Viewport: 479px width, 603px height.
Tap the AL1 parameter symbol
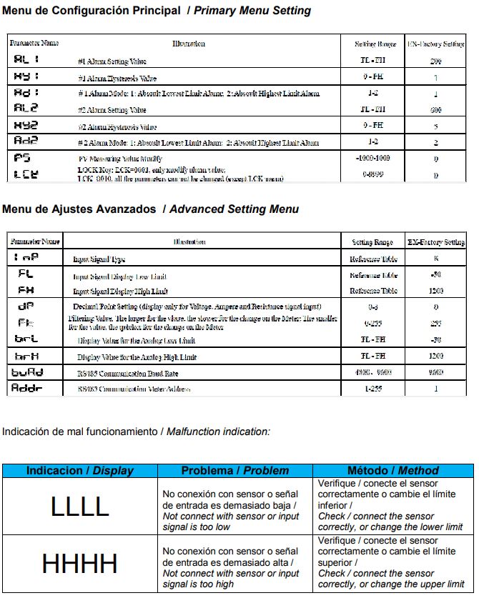(x=26, y=61)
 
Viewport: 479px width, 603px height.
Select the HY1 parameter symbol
(x=26, y=76)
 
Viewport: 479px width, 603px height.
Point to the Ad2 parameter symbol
(x=26, y=142)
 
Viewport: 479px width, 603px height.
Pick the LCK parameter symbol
(x=26, y=174)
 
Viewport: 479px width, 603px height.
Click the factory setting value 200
(x=435, y=62)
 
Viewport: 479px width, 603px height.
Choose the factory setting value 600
(x=435, y=110)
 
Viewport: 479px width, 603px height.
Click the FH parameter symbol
(x=26, y=290)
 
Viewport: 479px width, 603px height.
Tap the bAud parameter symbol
(x=28, y=372)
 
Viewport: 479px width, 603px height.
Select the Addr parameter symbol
(x=28, y=388)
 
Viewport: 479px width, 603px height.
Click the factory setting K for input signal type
(x=435, y=259)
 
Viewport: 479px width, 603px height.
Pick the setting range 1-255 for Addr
(x=372, y=389)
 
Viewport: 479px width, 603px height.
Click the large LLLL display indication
(x=79, y=507)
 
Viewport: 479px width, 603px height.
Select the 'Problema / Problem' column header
(x=235, y=471)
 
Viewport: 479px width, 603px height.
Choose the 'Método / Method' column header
(x=392, y=471)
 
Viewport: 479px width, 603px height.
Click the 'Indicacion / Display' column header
(x=79, y=471)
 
